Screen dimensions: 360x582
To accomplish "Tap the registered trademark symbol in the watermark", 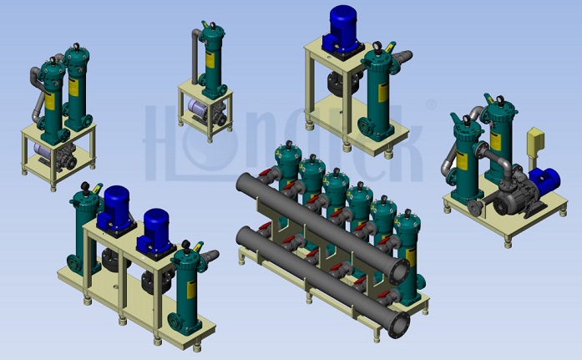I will point(431,104).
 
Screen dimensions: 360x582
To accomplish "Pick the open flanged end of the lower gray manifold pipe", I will point(400,324).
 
